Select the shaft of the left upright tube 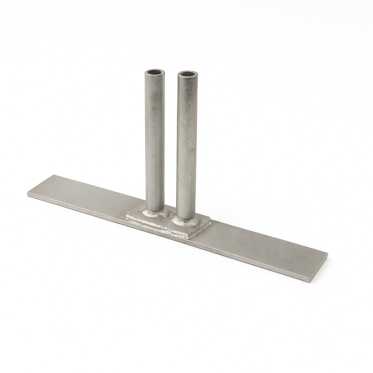tap(155, 138)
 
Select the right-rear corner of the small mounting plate tap(210, 220)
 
